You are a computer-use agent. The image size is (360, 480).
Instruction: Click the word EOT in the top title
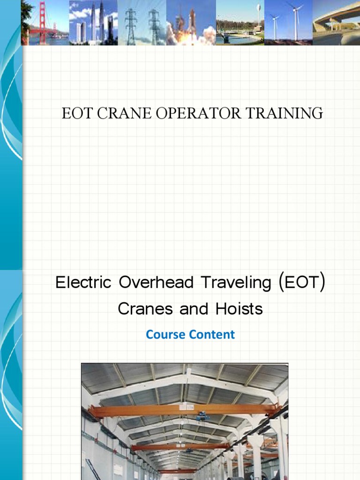[x=76, y=113]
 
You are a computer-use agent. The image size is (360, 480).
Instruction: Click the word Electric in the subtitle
[x=83, y=283]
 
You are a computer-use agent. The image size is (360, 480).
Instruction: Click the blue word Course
[x=165, y=335]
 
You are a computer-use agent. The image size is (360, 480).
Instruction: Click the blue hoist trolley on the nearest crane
[x=202, y=415]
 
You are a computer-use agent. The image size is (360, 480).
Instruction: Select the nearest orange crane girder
[x=141, y=411]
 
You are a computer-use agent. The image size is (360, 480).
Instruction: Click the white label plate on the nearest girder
[x=186, y=408]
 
